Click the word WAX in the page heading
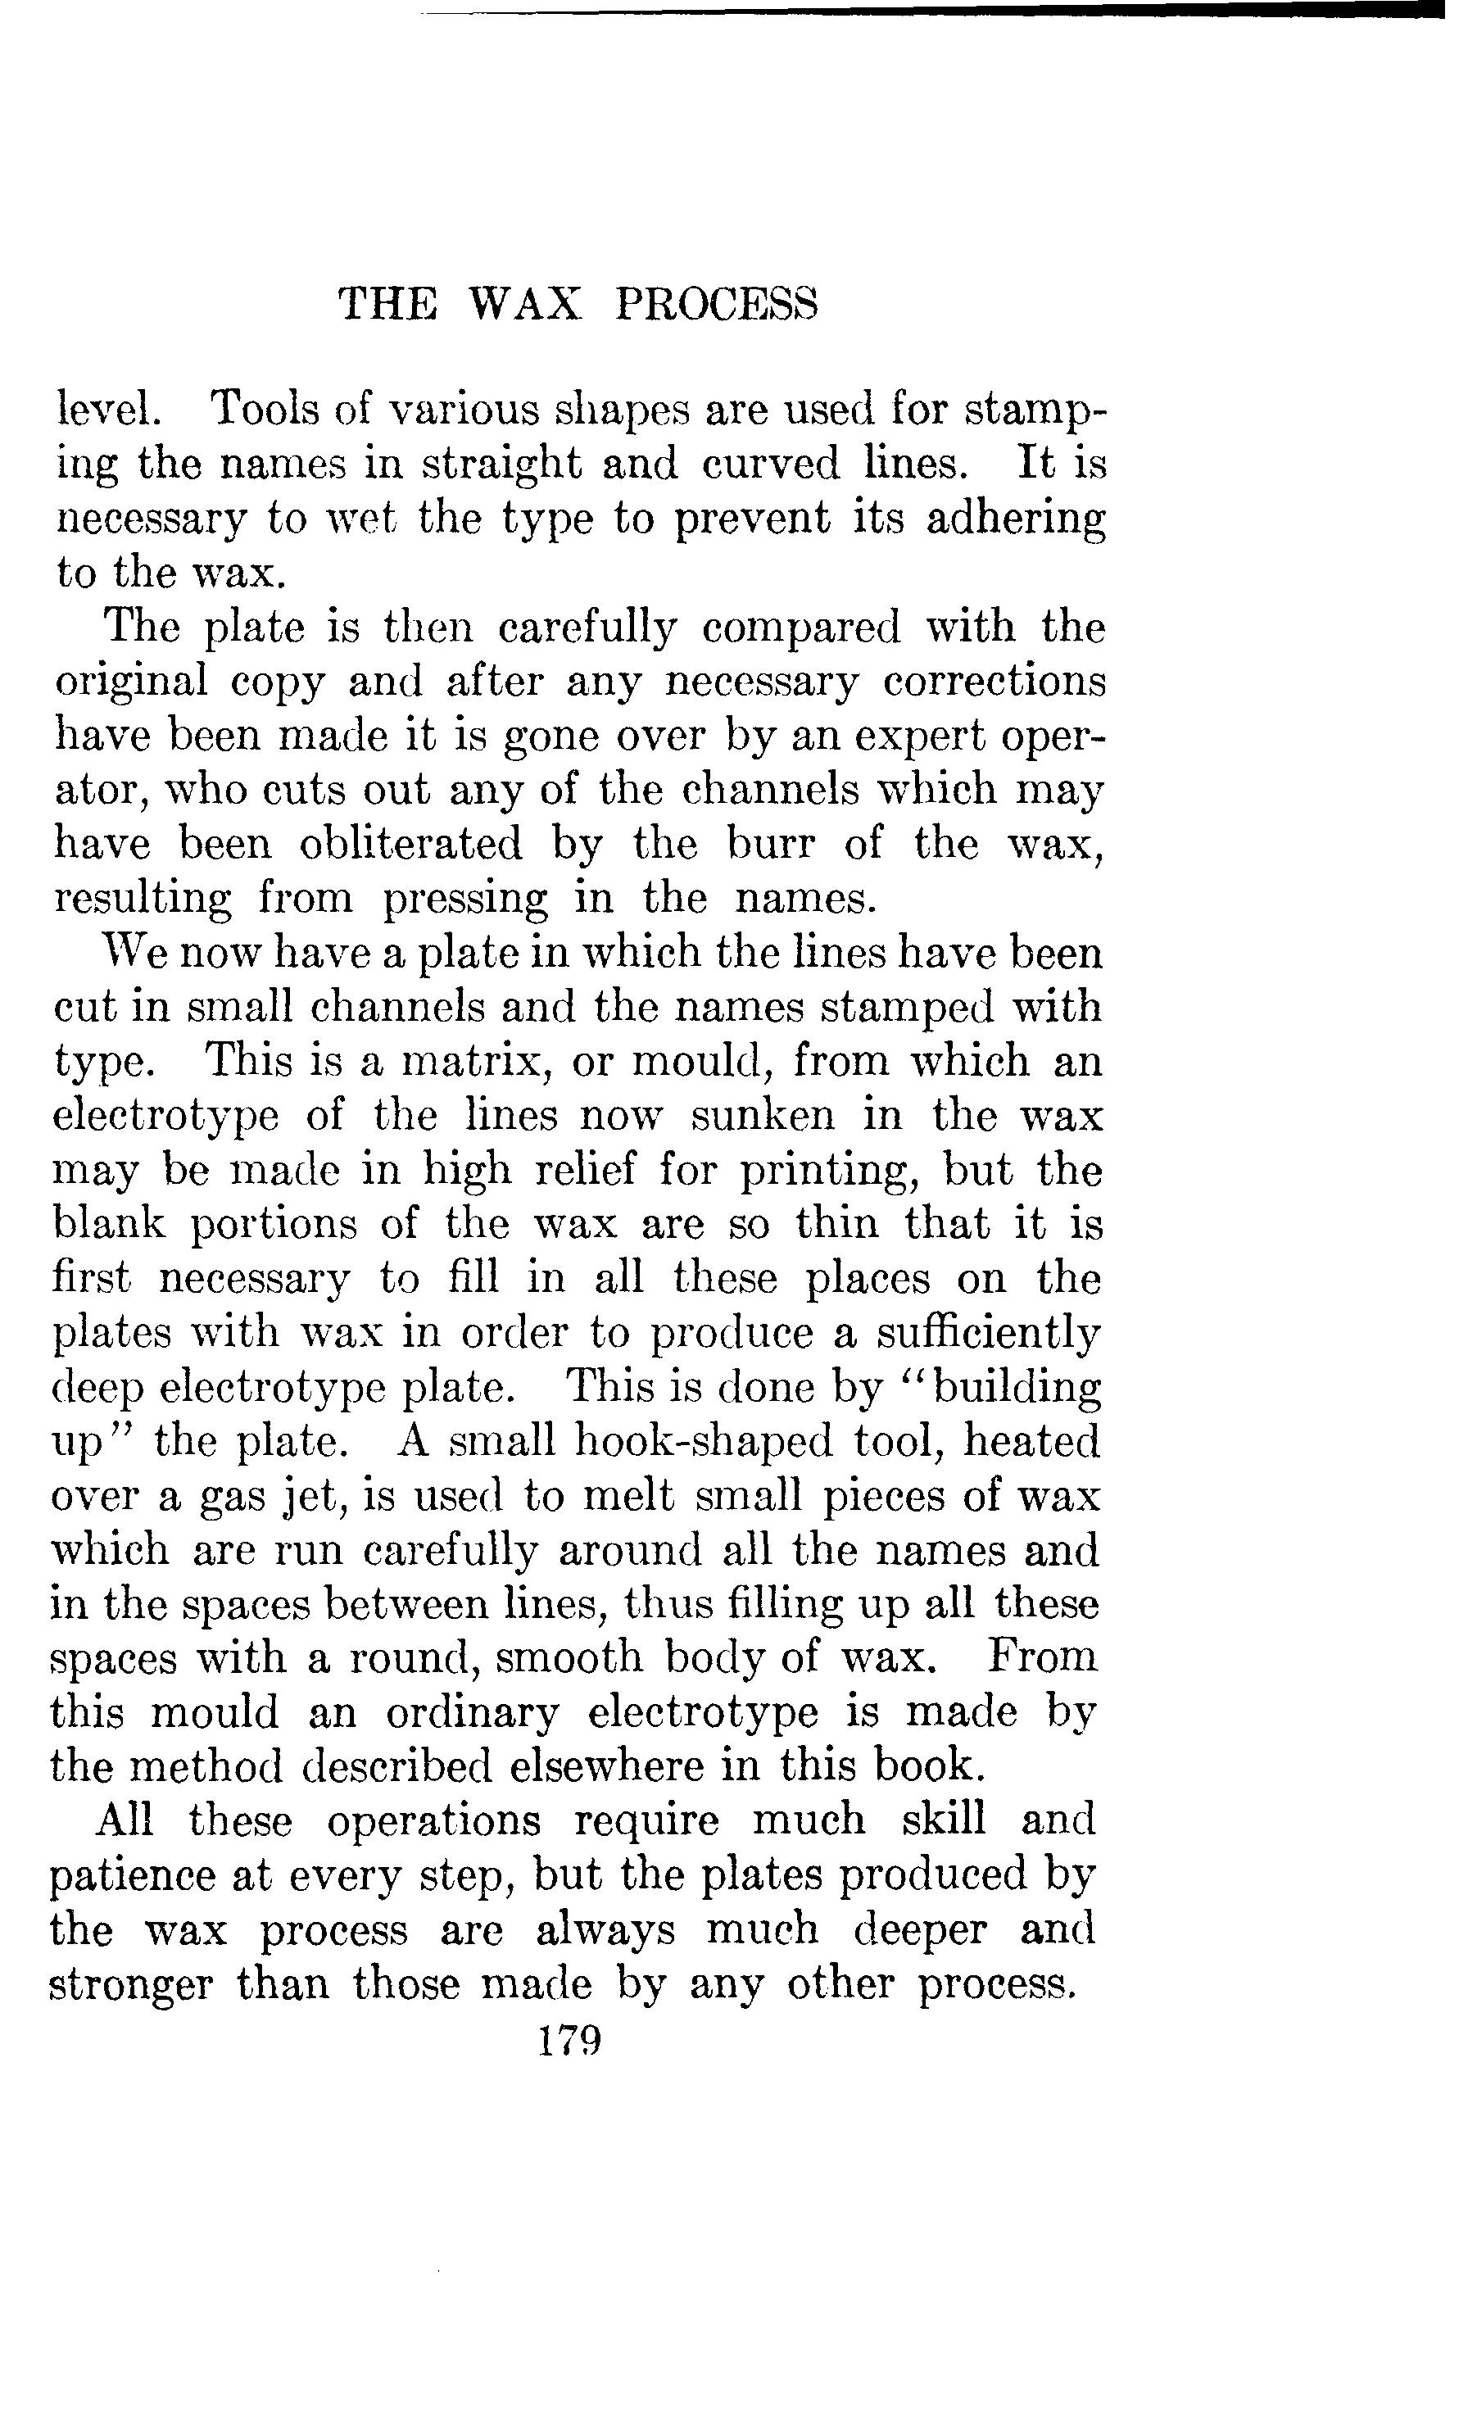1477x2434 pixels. point(523,304)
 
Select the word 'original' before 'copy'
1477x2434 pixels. point(131,682)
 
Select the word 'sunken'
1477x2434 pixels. point(762,1115)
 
